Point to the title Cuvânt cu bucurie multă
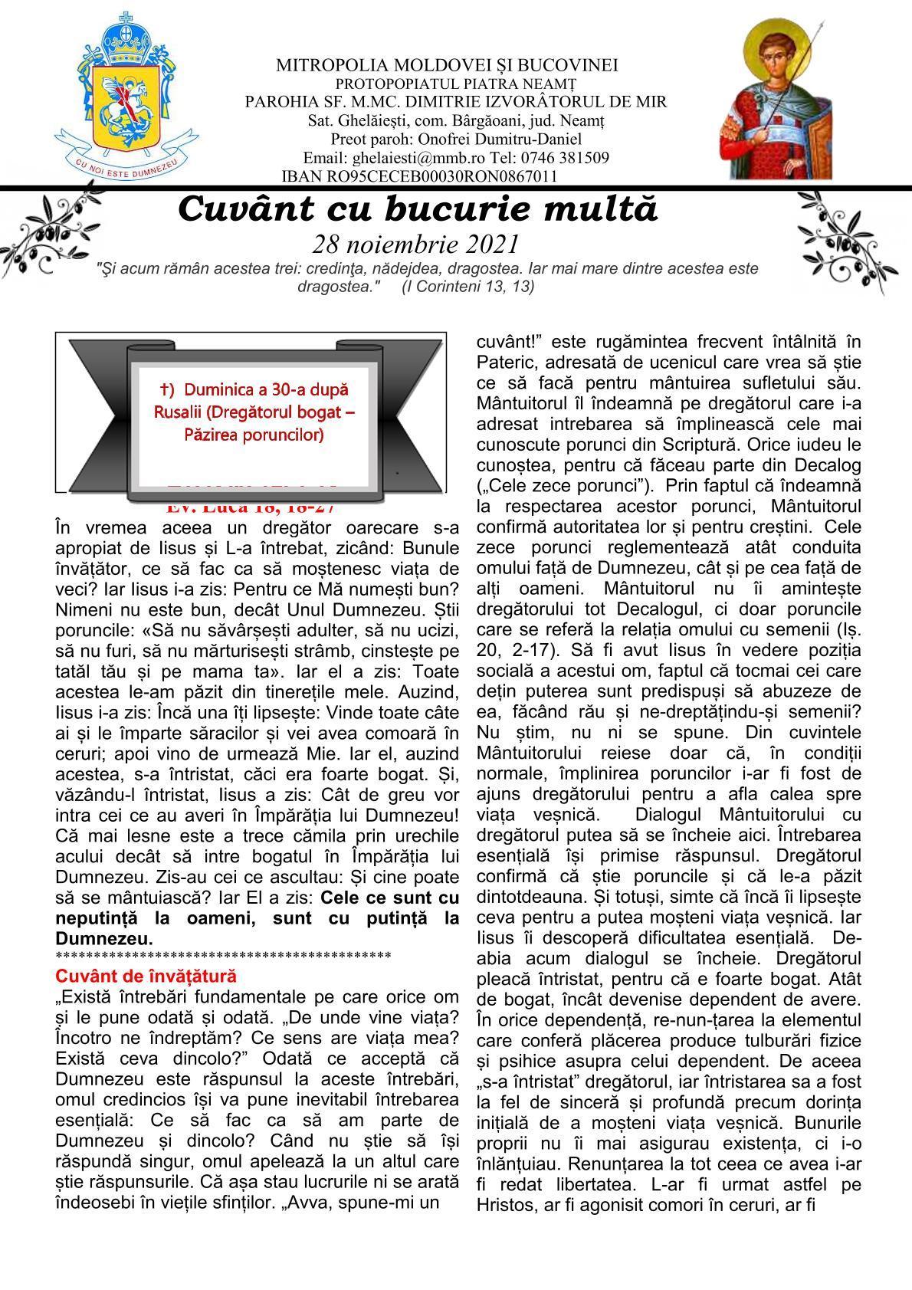pos(418,209)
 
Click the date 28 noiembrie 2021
pos(416,244)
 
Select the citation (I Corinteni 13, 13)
pos(467,286)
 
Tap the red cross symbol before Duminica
pos(163,389)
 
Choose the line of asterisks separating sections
pos(223,956)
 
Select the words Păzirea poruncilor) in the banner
pos(254,435)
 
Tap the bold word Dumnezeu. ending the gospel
pos(104,939)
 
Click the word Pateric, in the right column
pos(504,362)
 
